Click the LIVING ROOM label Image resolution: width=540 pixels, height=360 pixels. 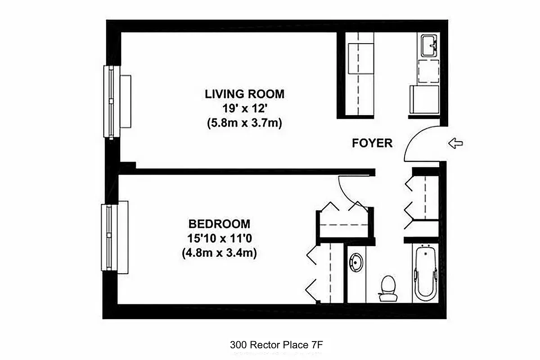[244, 94]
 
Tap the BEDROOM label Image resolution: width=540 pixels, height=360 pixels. [219, 224]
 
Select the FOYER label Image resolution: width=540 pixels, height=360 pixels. [372, 144]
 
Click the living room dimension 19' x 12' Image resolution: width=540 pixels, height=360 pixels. [244, 108]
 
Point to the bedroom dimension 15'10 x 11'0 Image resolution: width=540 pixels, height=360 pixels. [219, 238]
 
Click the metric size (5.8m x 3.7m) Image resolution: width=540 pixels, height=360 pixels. [244, 123]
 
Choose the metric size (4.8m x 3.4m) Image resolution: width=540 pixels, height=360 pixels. [219, 253]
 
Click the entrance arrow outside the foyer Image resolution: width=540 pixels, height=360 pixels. [455, 144]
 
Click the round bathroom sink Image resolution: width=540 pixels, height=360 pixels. [356, 262]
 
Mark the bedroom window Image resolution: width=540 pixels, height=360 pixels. [109, 237]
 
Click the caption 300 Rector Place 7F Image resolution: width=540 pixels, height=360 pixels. [277, 345]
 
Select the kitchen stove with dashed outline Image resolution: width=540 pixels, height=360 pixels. [428, 71]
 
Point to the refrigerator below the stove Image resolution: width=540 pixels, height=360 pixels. [424, 100]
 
